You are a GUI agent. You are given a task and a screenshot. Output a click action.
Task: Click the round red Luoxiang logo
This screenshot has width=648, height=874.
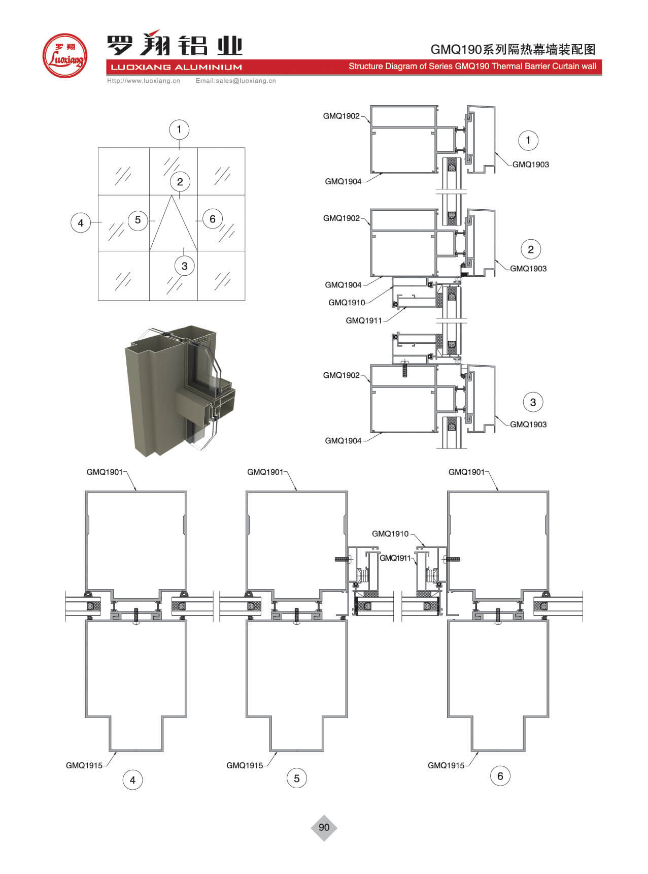pyautogui.click(x=64, y=56)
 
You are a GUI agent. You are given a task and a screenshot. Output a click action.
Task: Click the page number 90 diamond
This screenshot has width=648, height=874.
pyautogui.click(x=324, y=827)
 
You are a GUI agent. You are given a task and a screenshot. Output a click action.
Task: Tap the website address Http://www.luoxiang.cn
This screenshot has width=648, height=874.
pyautogui.click(x=144, y=81)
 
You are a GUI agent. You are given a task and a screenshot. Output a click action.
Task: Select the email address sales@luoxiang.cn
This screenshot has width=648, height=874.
pyautogui.click(x=235, y=81)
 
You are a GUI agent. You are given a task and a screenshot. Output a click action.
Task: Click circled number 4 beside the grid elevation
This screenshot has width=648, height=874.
pyautogui.click(x=81, y=222)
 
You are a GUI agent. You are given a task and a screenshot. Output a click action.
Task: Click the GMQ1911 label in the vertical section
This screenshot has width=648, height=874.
pyautogui.click(x=363, y=320)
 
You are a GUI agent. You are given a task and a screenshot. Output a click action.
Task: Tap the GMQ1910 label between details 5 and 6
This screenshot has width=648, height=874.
pyautogui.click(x=390, y=534)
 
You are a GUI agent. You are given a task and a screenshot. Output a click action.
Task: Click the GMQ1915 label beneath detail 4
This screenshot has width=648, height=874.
pyautogui.click(x=84, y=765)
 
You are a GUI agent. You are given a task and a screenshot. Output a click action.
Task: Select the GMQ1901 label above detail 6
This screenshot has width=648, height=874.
pyautogui.click(x=466, y=472)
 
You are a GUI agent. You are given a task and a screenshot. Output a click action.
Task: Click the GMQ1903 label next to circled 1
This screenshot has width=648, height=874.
pyautogui.click(x=530, y=165)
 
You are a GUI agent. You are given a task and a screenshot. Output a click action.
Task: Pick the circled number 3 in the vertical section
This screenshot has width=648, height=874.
pyautogui.click(x=533, y=402)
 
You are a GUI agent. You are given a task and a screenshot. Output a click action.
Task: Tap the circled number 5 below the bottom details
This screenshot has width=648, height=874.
pyautogui.click(x=297, y=778)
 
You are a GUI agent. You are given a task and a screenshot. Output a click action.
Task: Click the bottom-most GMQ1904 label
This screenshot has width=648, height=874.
pyautogui.click(x=343, y=441)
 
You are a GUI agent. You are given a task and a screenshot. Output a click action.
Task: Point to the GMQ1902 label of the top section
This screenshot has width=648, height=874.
pyautogui.click(x=341, y=116)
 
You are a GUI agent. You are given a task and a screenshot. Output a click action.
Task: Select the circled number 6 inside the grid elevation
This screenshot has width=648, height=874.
pyautogui.click(x=213, y=219)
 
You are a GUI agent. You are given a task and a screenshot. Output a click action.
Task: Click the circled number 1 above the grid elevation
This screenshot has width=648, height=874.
pyautogui.click(x=179, y=130)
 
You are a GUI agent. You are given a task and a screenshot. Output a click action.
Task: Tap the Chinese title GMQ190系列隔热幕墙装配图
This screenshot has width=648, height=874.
pyautogui.click(x=513, y=49)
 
